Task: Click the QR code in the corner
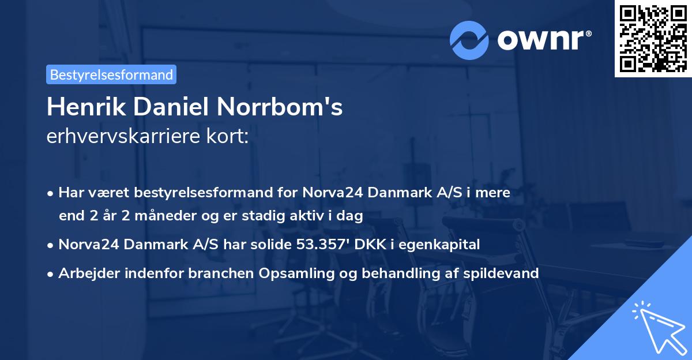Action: pyautogui.click(x=653, y=38)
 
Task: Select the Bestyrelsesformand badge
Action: pyautogui.click(x=111, y=74)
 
